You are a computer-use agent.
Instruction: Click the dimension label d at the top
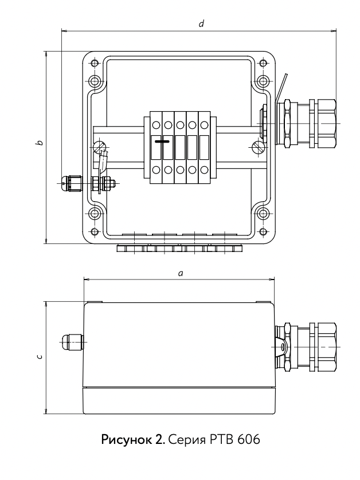[x=201, y=24]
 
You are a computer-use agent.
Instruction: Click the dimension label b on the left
[x=38, y=142]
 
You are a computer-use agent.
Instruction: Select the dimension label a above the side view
[x=181, y=274]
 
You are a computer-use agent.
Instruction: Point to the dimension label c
[x=38, y=356]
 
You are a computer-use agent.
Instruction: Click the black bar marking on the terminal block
[x=163, y=140]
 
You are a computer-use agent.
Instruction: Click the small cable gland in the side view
[x=71, y=343]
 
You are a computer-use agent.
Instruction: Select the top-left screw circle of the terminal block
[x=156, y=124]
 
